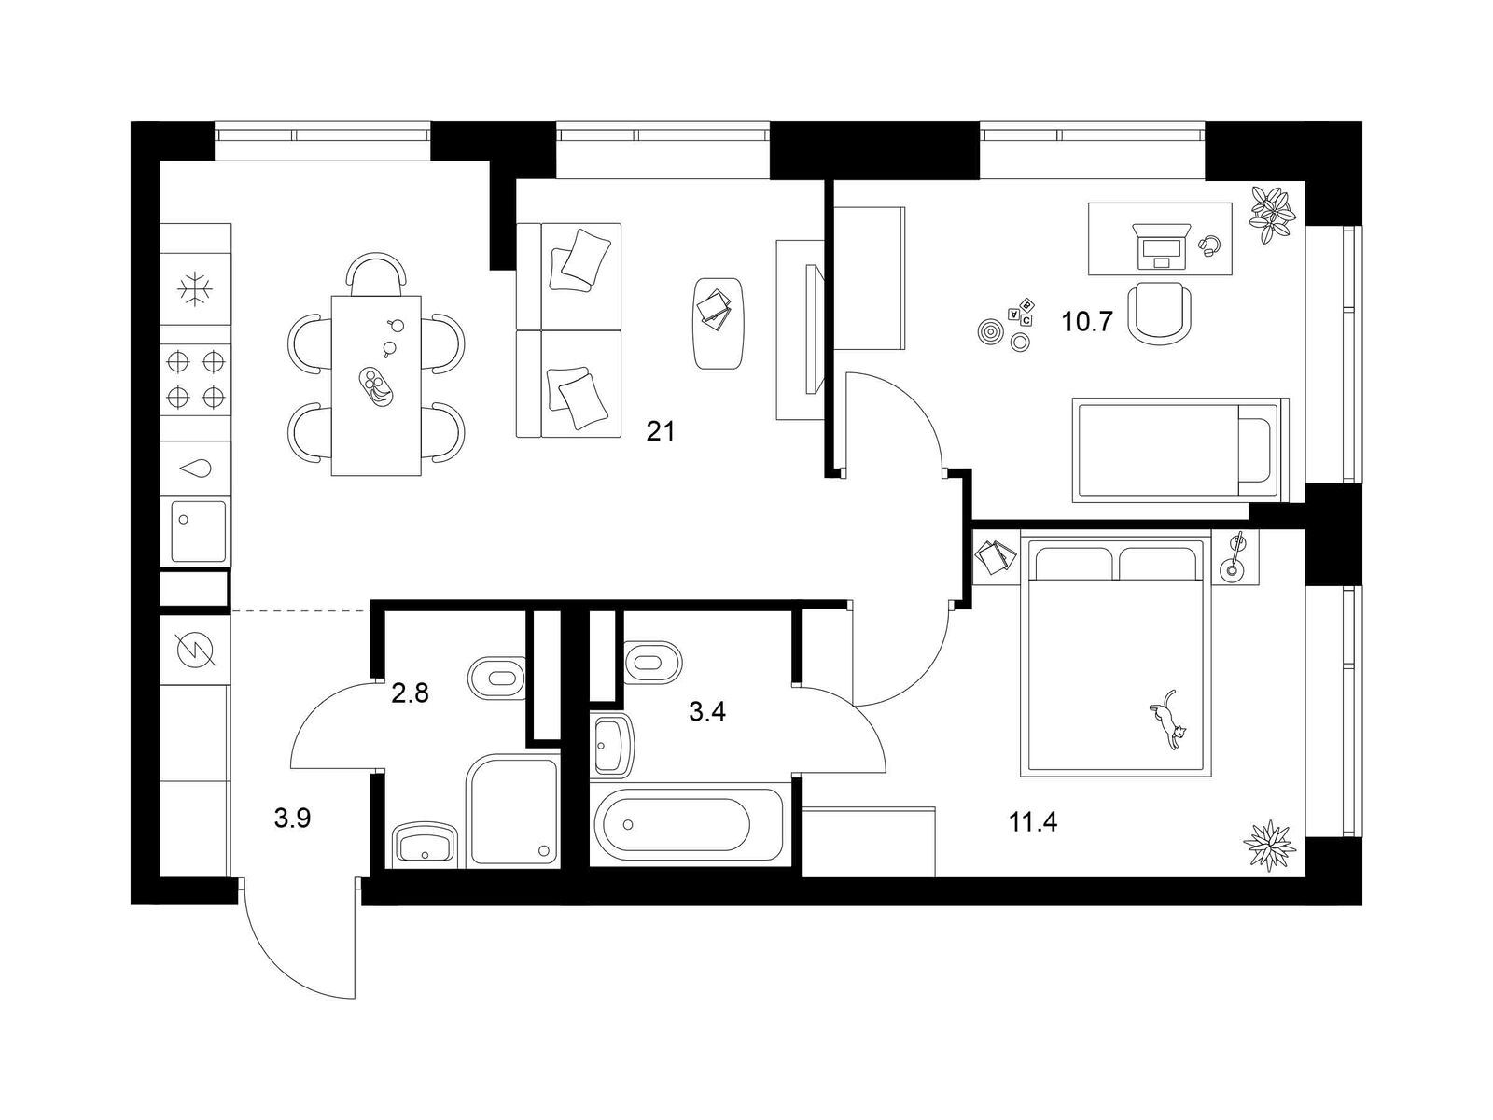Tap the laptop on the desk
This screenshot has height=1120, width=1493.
1161,246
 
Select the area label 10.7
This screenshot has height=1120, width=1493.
1087,321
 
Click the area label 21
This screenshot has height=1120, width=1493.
661,431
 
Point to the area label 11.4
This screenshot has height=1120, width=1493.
1033,823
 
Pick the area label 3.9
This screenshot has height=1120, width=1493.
292,819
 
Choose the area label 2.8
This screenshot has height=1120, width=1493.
410,693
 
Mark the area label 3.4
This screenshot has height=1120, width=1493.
707,712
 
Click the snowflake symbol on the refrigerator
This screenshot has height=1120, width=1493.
194,290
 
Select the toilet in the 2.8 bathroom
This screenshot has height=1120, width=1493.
497,678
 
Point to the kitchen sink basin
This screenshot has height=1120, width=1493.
198,531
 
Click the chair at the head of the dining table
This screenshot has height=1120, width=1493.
377,273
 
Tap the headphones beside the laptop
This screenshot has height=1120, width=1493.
1208,245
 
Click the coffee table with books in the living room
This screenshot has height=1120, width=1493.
718,322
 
